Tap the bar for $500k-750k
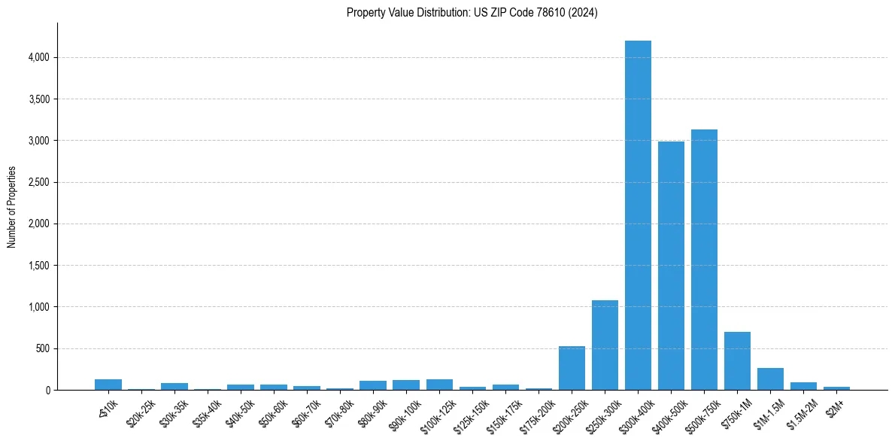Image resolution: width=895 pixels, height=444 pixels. coord(704,260)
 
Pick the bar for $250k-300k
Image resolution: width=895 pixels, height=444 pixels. coord(605,345)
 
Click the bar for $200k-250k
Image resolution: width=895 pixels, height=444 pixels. coord(572,368)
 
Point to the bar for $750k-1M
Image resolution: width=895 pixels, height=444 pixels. coord(737,361)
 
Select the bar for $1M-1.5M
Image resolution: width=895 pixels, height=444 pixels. coord(770,379)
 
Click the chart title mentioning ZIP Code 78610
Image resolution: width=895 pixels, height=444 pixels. coord(472,13)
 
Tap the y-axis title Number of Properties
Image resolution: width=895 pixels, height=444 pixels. coord(12,207)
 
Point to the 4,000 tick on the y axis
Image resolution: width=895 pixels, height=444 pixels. coord(38,57)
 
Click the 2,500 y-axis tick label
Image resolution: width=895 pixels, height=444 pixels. coord(38,182)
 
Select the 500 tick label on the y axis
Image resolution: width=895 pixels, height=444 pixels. coord(42,348)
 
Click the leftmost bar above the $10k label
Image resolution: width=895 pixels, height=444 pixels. coord(108,385)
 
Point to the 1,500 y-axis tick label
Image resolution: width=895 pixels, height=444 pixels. coord(38,266)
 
